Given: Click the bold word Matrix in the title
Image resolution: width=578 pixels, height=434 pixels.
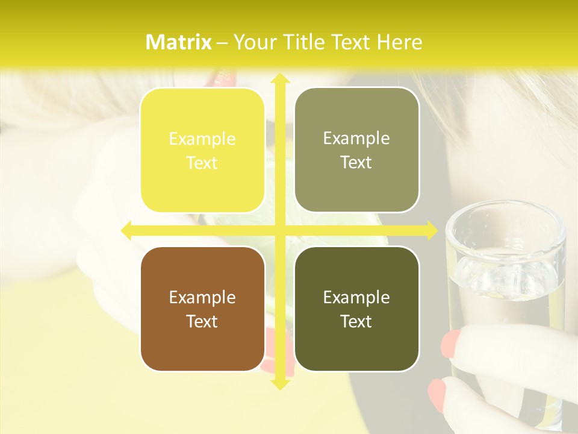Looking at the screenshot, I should click(x=179, y=42).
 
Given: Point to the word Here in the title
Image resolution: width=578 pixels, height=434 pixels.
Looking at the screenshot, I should click(x=399, y=42).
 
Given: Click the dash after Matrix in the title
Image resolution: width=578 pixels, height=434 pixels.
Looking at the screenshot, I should click(x=222, y=43).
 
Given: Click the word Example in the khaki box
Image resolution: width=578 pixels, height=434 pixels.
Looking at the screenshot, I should click(x=356, y=139).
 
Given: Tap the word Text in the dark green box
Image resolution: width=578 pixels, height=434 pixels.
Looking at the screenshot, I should click(x=356, y=322).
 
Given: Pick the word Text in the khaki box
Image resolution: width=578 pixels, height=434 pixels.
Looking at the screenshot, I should click(x=356, y=163).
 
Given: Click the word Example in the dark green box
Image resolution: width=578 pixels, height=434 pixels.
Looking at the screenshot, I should click(x=356, y=297).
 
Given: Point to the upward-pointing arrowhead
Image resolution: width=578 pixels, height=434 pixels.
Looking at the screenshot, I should click(x=279, y=79).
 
